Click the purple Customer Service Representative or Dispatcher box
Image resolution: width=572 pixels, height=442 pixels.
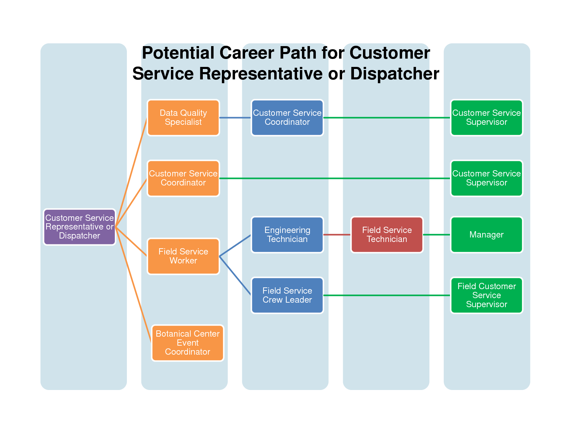coord(79,227)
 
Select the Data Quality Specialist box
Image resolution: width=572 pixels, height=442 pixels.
coord(183,118)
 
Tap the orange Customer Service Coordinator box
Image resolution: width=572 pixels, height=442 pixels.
coord(183,178)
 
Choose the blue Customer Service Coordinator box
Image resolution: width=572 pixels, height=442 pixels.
coord(287,118)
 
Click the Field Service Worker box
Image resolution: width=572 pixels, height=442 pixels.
coord(183,256)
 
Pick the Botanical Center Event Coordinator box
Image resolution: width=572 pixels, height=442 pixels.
coord(188,343)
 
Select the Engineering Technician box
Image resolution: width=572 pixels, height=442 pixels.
coord(287,235)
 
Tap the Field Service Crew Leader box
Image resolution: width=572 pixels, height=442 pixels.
coord(287,295)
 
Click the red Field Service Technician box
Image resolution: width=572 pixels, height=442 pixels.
coord(387,235)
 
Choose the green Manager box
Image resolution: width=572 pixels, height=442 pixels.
coord(486,235)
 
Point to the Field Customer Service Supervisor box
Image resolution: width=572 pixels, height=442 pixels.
coord(486,295)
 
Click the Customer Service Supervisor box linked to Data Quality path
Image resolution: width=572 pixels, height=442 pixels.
coord(486,118)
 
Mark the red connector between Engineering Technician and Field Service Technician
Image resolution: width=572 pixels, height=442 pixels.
coord(337,235)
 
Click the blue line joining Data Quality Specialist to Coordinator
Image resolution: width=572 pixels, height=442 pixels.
coord(235,118)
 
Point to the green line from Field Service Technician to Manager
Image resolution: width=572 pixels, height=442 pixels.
coord(437,235)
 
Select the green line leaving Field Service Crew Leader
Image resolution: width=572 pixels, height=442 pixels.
coord(387,295)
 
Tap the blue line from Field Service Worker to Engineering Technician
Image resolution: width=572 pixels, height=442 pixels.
coord(235,245)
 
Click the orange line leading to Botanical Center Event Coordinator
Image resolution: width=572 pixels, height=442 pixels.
coord(133,285)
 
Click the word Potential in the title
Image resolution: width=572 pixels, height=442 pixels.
coord(178,53)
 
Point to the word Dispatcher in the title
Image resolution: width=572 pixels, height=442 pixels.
coord(395,73)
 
